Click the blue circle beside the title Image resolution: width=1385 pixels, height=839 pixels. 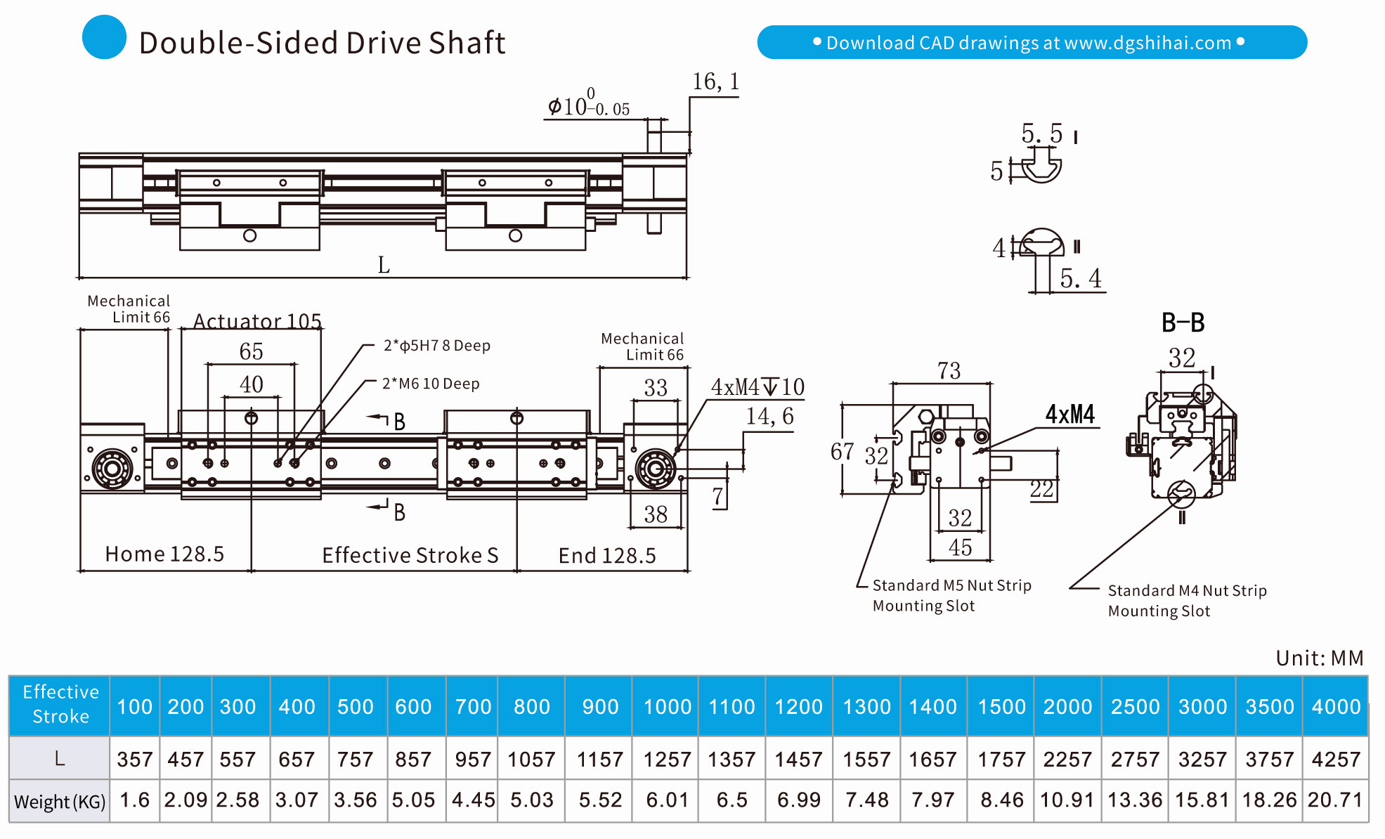(x=104, y=37)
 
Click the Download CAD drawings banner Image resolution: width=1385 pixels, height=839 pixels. (x=1031, y=42)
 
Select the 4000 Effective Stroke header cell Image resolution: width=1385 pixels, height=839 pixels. (x=1336, y=706)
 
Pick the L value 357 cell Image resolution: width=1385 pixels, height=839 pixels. (x=134, y=759)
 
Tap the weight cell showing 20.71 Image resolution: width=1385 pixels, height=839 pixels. (x=1335, y=800)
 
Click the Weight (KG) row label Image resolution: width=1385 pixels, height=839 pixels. (x=60, y=801)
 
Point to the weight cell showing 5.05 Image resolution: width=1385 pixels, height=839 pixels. (x=413, y=800)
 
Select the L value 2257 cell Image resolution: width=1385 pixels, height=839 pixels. (x=1067, y=759)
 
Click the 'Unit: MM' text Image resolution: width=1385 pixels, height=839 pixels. (x=1319, y=658)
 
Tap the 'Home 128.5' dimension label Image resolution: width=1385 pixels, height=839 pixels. (x=164, y=554)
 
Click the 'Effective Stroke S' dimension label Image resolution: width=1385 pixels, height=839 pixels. (x=410, y=555)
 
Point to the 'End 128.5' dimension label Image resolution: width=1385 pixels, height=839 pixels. (x=607, y=556)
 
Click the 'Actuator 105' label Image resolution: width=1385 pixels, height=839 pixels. (x=257, y=321)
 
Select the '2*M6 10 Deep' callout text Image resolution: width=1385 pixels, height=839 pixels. (x=431, y=384)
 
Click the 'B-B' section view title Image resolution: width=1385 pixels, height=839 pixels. (x=1183, y=323)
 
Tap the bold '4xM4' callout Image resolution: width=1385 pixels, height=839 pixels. (x=1069, y=414)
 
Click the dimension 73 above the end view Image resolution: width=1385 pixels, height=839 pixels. (x=949, y=370)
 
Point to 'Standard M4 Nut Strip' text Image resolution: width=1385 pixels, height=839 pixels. (x=1187, y=590)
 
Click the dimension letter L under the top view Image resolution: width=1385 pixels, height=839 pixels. (x=384, y=265)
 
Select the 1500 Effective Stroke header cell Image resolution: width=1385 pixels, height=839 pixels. (x=1001, y=706)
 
